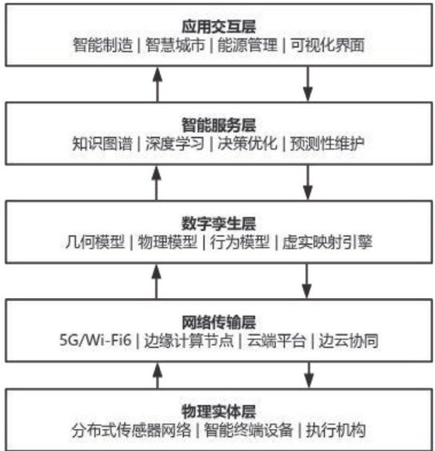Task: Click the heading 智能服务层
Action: point(218,126)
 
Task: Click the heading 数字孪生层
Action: point(218,224)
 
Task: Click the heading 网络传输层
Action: point(218,321)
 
